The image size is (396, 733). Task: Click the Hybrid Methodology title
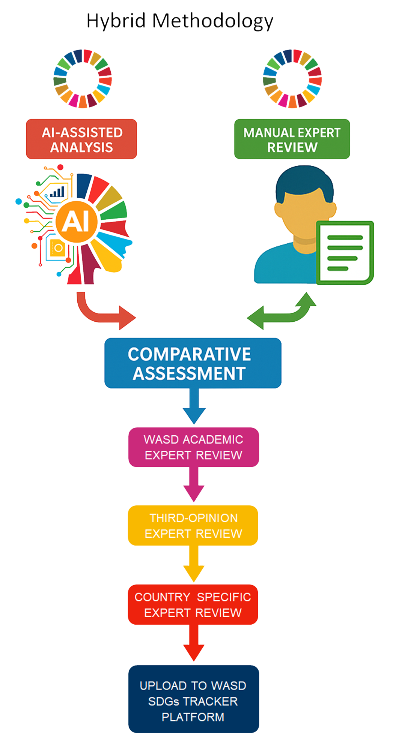(x=180, y=21)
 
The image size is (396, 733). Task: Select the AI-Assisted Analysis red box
(x=81, y=139)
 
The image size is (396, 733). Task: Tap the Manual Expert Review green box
(x=292, y=139)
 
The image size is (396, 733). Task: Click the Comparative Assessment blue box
(x=193, y=363)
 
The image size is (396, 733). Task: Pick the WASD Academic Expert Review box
(x=193, y=447)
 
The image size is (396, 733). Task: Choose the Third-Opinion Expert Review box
(x=193, y=525)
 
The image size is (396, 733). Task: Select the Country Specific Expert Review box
(x=193, y=604)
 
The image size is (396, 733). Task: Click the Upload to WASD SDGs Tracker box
(x=193, y=700)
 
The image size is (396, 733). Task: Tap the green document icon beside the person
(x=345, y=252)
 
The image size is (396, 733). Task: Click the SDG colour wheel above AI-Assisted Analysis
(x=83, y=79)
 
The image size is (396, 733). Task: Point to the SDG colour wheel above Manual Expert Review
(x=292, y=79)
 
